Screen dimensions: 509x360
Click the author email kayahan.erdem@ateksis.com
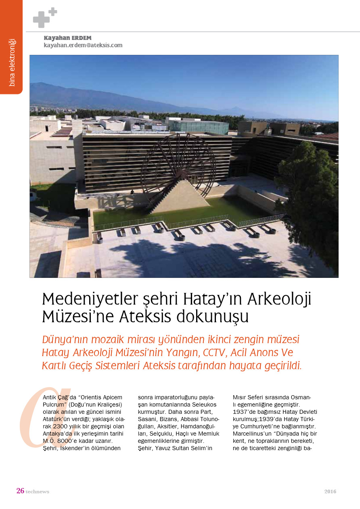[x=83, y=46]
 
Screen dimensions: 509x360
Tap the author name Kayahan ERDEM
[x=68, y=38]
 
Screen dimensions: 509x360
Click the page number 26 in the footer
[x=20, y=491]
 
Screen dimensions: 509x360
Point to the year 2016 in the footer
[x=330, y=492]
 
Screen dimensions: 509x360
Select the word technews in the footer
[x=38, y=492]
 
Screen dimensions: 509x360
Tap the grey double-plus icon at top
[x=44, y=18]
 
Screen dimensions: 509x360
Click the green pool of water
[x=226, y=210]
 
